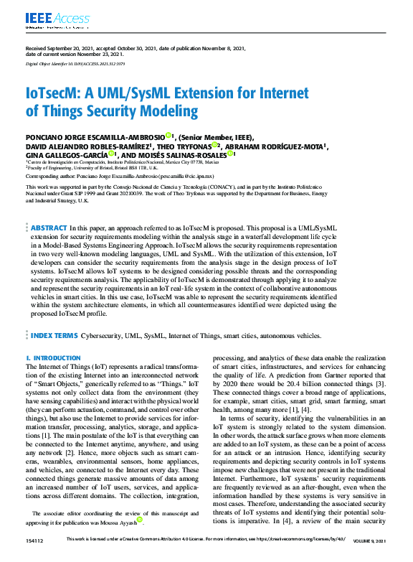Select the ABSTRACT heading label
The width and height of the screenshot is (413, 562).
[x=49, y=226]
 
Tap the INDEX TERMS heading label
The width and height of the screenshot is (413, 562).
[x=54, y=334]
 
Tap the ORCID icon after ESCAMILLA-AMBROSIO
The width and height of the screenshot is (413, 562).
[x=168, y=135]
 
